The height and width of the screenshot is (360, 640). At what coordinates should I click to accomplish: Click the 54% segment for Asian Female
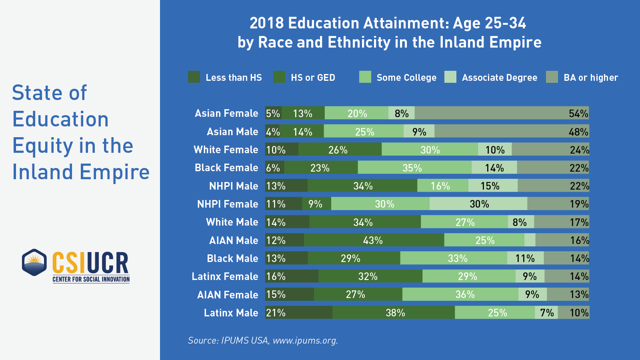coord(502,113)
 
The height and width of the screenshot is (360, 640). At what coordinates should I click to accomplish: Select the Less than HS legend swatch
coord(194,77)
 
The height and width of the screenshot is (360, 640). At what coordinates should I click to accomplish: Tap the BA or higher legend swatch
coord(552,77)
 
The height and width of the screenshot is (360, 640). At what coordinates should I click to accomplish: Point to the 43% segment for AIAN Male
coord(374,240)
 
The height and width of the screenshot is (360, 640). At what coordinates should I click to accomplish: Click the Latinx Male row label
coord(231,313)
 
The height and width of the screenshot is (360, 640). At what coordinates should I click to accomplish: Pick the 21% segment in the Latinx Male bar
coord(298,313)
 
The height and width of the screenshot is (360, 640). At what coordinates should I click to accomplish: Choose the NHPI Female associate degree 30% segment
coord(478,204)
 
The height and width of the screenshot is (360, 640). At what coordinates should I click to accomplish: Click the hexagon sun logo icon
coord(34,262)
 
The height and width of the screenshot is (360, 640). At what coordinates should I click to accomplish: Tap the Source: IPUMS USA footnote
coord(263,340)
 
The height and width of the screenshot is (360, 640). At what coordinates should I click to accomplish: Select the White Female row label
coord(226,150)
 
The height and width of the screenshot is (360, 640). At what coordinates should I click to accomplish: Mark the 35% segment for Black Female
coord(414,168)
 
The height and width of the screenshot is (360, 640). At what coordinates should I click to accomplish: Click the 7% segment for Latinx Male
coord(546,313)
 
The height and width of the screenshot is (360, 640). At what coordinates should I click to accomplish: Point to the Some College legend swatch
coord(365,77)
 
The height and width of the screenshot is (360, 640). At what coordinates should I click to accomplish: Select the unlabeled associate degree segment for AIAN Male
coord(530,240)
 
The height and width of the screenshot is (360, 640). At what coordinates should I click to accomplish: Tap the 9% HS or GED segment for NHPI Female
coord(316,204)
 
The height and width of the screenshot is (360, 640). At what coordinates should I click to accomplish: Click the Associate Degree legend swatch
coord(450,77)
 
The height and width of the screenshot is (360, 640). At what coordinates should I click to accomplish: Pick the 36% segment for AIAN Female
coord(460,295)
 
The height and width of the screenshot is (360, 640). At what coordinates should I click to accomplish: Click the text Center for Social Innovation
coord(91,279)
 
